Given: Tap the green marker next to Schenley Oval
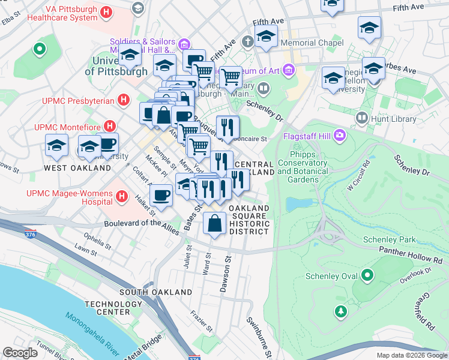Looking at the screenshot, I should pos(367,276).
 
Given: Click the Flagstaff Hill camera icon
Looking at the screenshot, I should pos(340,134).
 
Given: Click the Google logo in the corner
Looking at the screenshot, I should pos(20,353).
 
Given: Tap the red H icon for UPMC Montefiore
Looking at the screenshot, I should pos(109,126).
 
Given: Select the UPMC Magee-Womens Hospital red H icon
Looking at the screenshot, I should pos(121,196).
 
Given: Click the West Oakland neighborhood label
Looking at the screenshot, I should pos(77,168).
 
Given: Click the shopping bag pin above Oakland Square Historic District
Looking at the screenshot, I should pos(214,224).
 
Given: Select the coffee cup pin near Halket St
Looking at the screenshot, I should pos(160,194).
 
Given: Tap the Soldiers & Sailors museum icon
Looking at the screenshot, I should pos(184,44).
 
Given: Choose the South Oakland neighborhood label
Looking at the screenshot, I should pos(147,292).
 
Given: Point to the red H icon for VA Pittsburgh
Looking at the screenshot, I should pos(106,12).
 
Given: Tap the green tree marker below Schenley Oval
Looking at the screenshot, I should pos(341,311).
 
